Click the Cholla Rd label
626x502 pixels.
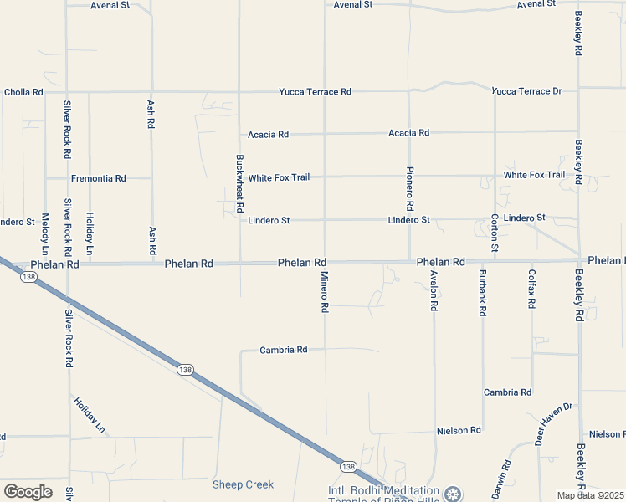point(23,92)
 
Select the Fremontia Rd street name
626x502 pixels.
point(98,178)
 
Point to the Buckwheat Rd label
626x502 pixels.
point(239,182)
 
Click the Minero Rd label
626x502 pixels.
point(324,291)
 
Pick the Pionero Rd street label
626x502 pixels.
point(410,187)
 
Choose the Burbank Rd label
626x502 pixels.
point(483,292)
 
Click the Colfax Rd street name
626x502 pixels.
point(531,289)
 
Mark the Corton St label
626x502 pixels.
point(495,233)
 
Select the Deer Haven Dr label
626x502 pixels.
point(555,423)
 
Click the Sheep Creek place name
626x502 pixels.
point(243,484)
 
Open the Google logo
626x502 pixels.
point(28,491)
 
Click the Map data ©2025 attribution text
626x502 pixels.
point(590,495)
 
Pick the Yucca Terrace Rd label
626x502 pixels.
point(316,91)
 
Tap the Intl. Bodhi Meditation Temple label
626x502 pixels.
point(383,491)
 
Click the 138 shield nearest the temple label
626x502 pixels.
point(348,466)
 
